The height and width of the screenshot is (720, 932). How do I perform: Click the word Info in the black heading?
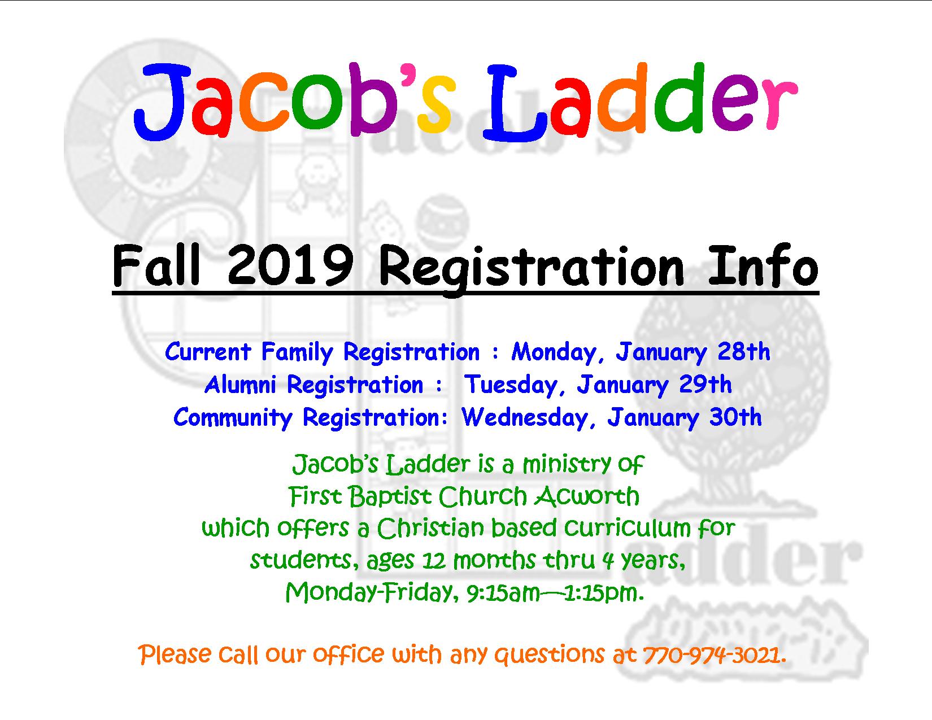click(x=764, y=266)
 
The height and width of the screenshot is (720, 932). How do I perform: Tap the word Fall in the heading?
click(x=156, y=265)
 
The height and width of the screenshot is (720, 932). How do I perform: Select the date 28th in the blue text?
click(x=743, y=352)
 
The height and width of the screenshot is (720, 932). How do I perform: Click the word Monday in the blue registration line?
click(x=554, y=352)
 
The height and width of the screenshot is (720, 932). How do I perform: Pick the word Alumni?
click(x=240, y=384)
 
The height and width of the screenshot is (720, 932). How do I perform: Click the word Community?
click(x=233, y=418)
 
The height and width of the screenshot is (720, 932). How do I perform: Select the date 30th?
click(x=735, y=418)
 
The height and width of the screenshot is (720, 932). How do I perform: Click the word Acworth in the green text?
click(x=587, y=496)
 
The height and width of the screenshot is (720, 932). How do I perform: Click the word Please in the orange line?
click(x=175, y=655)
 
